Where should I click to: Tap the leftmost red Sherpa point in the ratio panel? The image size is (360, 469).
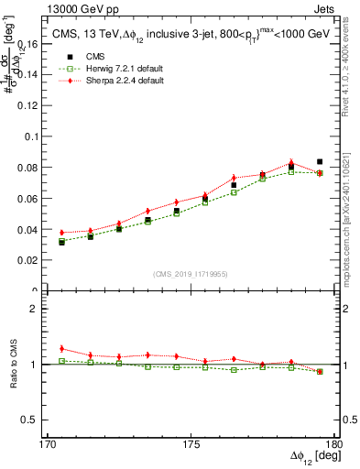tap(61, 348)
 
